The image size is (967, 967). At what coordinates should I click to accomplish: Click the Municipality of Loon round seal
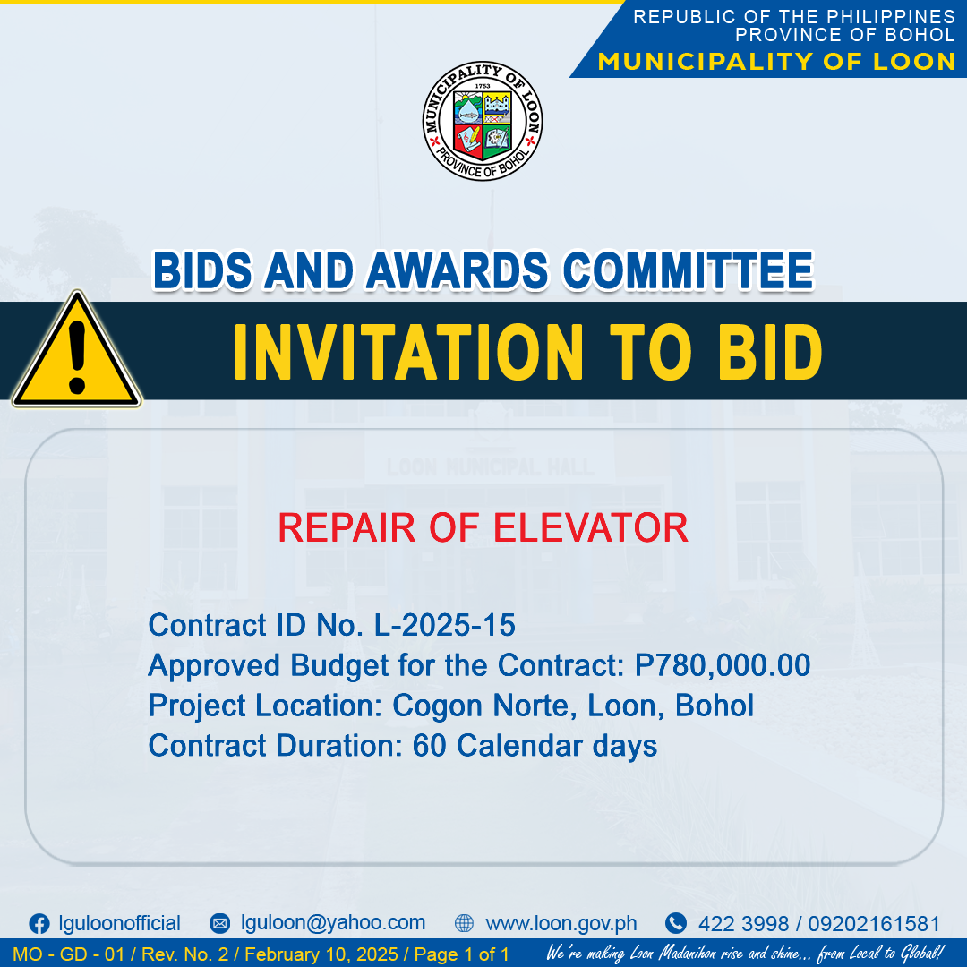pyautogui.click(x=483, y=121)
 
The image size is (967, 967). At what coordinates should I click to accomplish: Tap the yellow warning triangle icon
pyautogui.click(x=77, y=350)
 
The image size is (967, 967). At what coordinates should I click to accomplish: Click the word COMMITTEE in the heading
pyautogui.click(x=689, y=270)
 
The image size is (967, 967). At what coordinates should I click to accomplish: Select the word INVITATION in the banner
pyautogui.click(x=408, y=352)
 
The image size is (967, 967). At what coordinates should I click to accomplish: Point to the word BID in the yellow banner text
pyautogui.click(x=770, y=352)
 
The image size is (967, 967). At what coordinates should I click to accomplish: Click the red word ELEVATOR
pyautogui.click(x=591, y=528)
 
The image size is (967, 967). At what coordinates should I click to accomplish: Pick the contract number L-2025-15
pyautogui.click(x=445, y=625)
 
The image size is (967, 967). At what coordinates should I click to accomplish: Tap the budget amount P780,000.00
pyautogui.click(x=723, y=665)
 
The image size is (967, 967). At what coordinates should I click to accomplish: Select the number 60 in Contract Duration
pyautogui.click(x=429, y=746)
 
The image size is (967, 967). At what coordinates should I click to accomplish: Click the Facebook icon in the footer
pyautogui.click(x=39, y=924)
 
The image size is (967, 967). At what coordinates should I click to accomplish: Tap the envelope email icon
pyautogui.click(x=220, y=923)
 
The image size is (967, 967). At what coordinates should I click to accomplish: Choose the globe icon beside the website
pyautogui.click(x=464, y=923)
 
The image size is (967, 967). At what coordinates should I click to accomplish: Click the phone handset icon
pyautogui.click(x=676, y=923)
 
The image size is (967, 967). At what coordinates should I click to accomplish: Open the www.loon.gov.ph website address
pyautogui.click(x=561, y=923)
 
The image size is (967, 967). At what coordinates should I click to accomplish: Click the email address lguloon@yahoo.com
pyautogui.click(x=333, y=922)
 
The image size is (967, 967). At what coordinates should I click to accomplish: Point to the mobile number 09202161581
pyautogui.click(x=874, y=924)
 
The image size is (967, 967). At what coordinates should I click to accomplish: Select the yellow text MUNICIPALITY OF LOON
pyautogui.click(x=776, y=62)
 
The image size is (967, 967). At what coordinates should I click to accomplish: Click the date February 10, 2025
pyautogui.click(x=321, y=954)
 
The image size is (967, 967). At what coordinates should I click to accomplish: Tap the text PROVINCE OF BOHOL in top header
pyautogui.click(x=845, y=35)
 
